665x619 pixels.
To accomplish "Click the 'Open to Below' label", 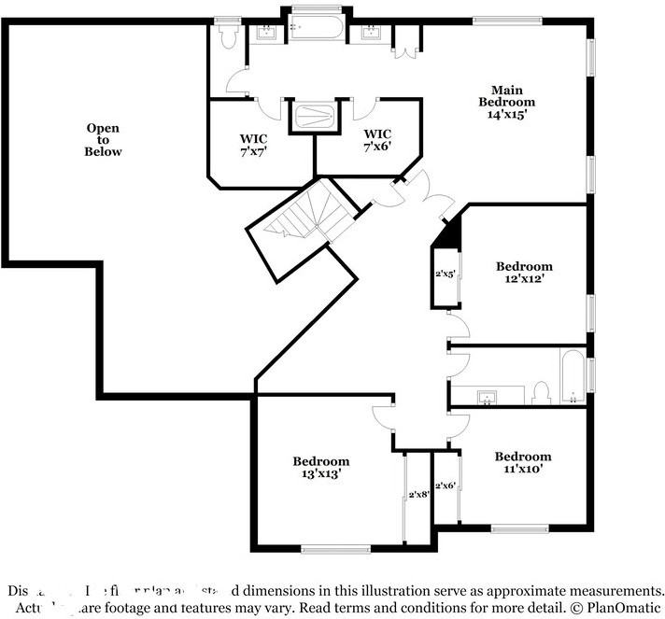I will [103, 140].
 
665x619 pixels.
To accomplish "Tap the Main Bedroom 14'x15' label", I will [507, 102].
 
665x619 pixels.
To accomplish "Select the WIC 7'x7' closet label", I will [254, 145].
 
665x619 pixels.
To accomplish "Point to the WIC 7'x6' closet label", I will [377, 140].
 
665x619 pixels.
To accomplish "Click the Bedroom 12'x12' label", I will [524, 273].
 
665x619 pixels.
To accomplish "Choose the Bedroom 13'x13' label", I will [320, 467].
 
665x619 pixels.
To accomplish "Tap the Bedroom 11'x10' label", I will [523, 462].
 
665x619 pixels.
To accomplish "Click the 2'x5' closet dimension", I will [445, 275].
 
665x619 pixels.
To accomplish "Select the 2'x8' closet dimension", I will [418, 495].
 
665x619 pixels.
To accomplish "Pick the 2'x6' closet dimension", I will [446, 485].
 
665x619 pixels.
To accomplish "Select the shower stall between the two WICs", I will [314, 116].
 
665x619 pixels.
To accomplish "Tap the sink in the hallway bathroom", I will [486, 399].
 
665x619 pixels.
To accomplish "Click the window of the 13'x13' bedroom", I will [335, 549].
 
